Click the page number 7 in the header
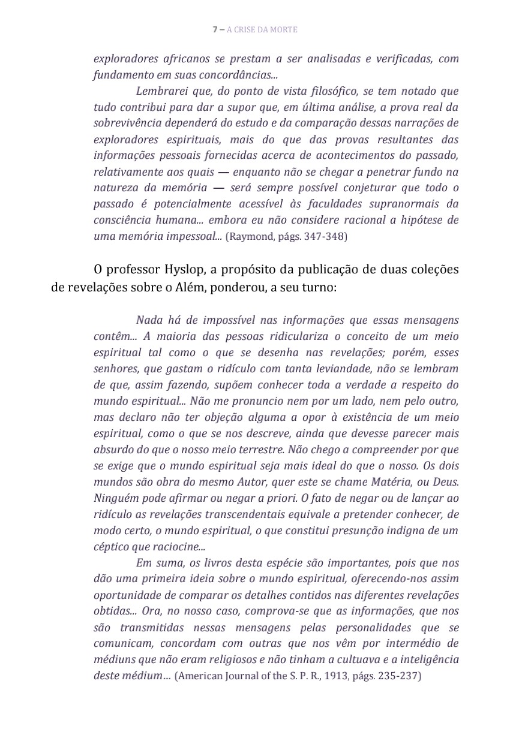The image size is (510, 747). coord(215,29)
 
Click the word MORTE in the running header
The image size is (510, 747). coord(286,29)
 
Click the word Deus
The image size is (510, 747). coord(446,482)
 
